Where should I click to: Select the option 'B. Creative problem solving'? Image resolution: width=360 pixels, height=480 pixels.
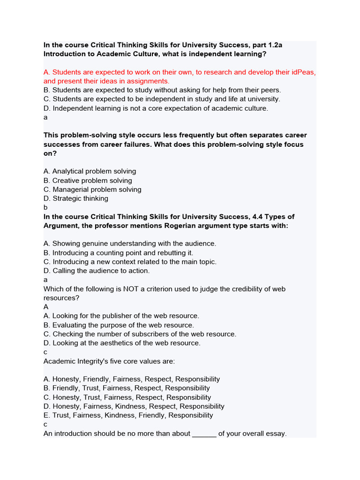point(88,180)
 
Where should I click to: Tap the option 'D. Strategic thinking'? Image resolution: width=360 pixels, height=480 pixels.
point(75,198)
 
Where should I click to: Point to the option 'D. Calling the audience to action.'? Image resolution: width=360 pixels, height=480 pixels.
point(97,270)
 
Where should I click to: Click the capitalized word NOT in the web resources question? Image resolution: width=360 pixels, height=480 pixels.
point(132,289)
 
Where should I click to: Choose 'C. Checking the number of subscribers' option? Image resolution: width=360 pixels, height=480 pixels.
point(140,334)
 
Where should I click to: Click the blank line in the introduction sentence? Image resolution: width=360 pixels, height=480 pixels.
point(204,434)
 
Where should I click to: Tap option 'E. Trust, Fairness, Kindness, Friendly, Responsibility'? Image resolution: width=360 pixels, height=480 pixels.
point(128,415)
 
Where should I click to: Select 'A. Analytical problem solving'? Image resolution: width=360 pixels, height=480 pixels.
point(90,171)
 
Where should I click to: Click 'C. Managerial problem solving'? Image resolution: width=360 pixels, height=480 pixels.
point(92,189)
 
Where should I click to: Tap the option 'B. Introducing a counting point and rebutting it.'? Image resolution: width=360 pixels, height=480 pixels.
point(118,253)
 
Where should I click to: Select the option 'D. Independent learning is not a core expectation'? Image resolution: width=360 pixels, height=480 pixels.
point(156,108)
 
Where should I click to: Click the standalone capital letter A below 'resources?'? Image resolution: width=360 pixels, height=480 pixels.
point(46,307)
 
